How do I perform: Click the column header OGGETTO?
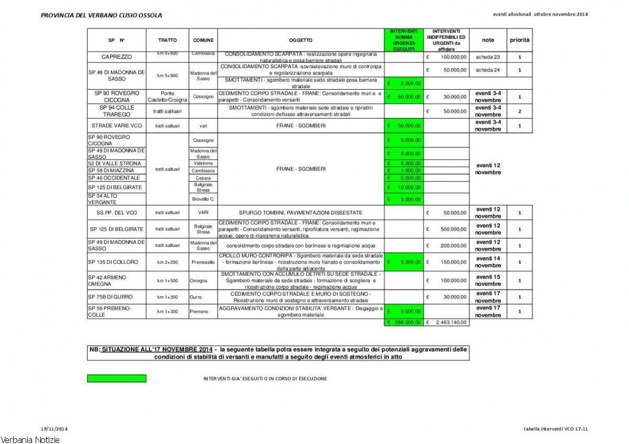pyautogui.click(x=300, y=40)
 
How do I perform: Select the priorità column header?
pyautogui.click(x=519, y=40)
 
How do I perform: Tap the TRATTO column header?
pyautogui.click(x=167, y=40)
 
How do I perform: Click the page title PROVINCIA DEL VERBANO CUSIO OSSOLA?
pyautogui.click(x=101, y=15)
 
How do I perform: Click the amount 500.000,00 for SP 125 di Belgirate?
pyautogui.click(x=446, y=229)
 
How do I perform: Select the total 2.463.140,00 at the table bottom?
pyautogui.click(x=446, y=322)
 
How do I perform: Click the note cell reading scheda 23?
pyautogui.click(x=487, y=57)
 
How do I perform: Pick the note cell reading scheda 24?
pyautogui.click(x=487, y=70)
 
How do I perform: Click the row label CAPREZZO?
pyautogui.click(x=116, y=57)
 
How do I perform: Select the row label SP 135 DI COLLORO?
pyautogui.click(x=113, y=262)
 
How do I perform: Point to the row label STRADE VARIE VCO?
pyautogui.click(x=116, y=126)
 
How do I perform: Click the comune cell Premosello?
pyautogui.click(x=203, y=262)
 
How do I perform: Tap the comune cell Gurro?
pyautogui.click(x=196, y=297)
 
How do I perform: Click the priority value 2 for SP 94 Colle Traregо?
pyautogui.click(x=519, y=111)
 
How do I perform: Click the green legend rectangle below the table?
pyautogui.click(x=116, y=378)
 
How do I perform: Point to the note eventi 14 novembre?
pyautogui.click(x=488, y=262)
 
